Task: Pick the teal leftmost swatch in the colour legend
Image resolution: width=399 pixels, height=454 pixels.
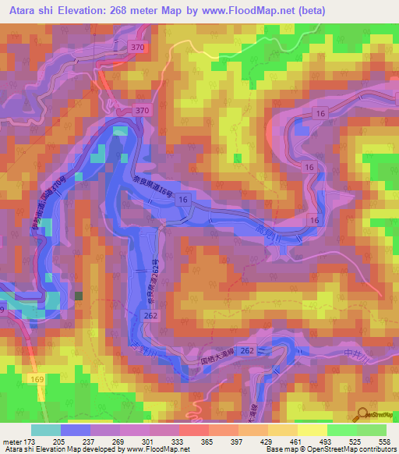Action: [46, 430]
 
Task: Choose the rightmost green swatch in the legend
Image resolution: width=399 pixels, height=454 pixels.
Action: [372, 430]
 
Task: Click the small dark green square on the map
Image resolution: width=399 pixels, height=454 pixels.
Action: [79, 296]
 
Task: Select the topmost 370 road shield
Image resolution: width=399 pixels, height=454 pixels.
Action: [139, 48]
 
